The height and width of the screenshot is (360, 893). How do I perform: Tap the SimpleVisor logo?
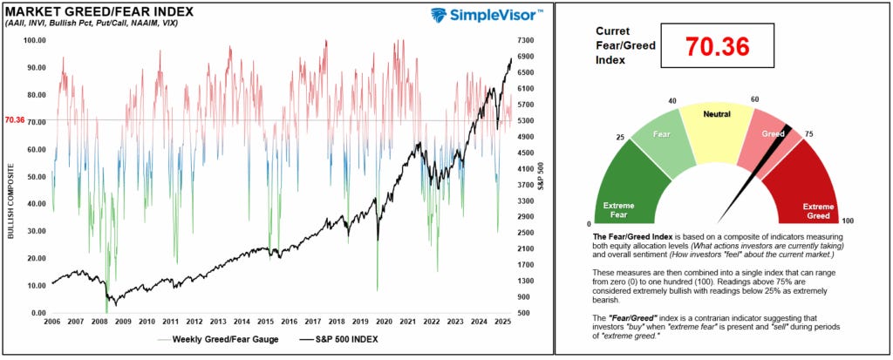[487, 15]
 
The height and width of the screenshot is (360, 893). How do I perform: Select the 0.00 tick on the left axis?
[38, 312]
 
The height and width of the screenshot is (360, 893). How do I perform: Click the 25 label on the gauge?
[619, 138]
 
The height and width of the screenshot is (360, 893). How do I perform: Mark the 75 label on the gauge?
[808, 133]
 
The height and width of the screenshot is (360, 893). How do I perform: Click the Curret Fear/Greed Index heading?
[621, 44]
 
